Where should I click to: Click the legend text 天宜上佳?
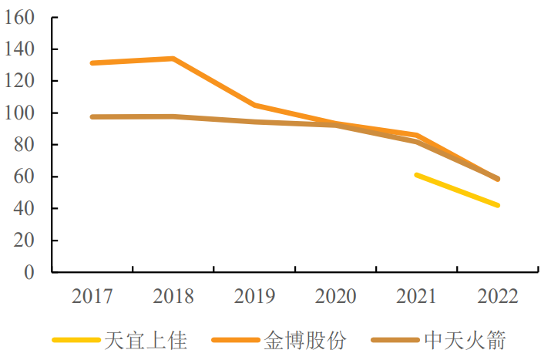pos(146,340)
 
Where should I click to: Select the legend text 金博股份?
pos(305,340)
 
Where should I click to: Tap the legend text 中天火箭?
pos(465,340)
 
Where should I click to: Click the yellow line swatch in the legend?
pos(77,340)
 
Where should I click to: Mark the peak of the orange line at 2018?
pos(173,59)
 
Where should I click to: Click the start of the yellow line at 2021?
pos(416,175)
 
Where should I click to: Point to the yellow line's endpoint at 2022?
pos(498,205)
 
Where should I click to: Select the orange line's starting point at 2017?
pos(92,63)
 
